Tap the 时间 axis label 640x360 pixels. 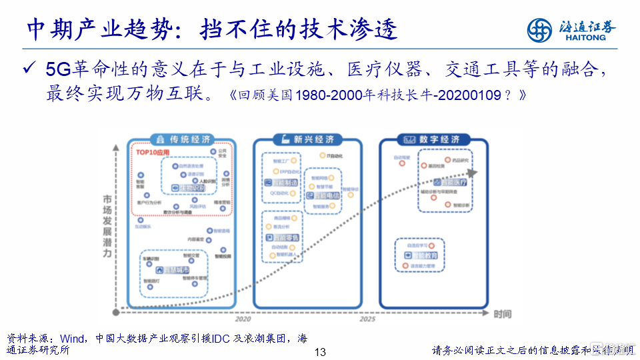click(503, 313)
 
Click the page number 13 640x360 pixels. click(319, 352)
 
